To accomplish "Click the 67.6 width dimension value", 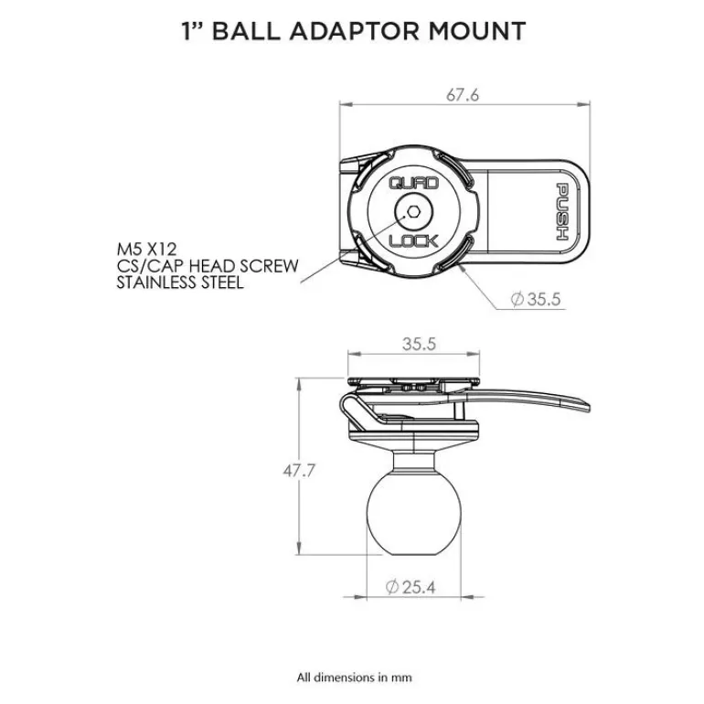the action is pyautogui.click(x=463, y=95).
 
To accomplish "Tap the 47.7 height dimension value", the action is pyautogui.click(x=299, y=471).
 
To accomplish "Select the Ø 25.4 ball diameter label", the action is pyautogui.click(x=411, y=587).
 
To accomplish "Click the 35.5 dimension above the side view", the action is pyautogui.click(x=419, y=344).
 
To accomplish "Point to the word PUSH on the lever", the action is pyautogui.click(x=562, y=211).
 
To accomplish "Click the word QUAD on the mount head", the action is pyautogui.click(x=413, y=183).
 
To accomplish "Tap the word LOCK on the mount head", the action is pyautogui.click(x=413, y=241).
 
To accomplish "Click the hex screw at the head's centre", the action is pyautogui.click(x=413, y=212).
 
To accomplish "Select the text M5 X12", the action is pyautogui.click(x=147, y=250).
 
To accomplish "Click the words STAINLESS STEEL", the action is pyautogui.click(x=180, y=283).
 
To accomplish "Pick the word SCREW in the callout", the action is pyautogui.click(x=269, y=266).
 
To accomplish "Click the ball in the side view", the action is pyautogui.click(x=413, y=513).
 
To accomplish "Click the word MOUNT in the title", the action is pyautogui.click(x=477, y=31).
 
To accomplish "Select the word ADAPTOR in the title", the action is pyautogui.click(x=354, y=31).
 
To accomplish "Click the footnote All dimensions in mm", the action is pyautogui.click(x=354, y=677).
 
